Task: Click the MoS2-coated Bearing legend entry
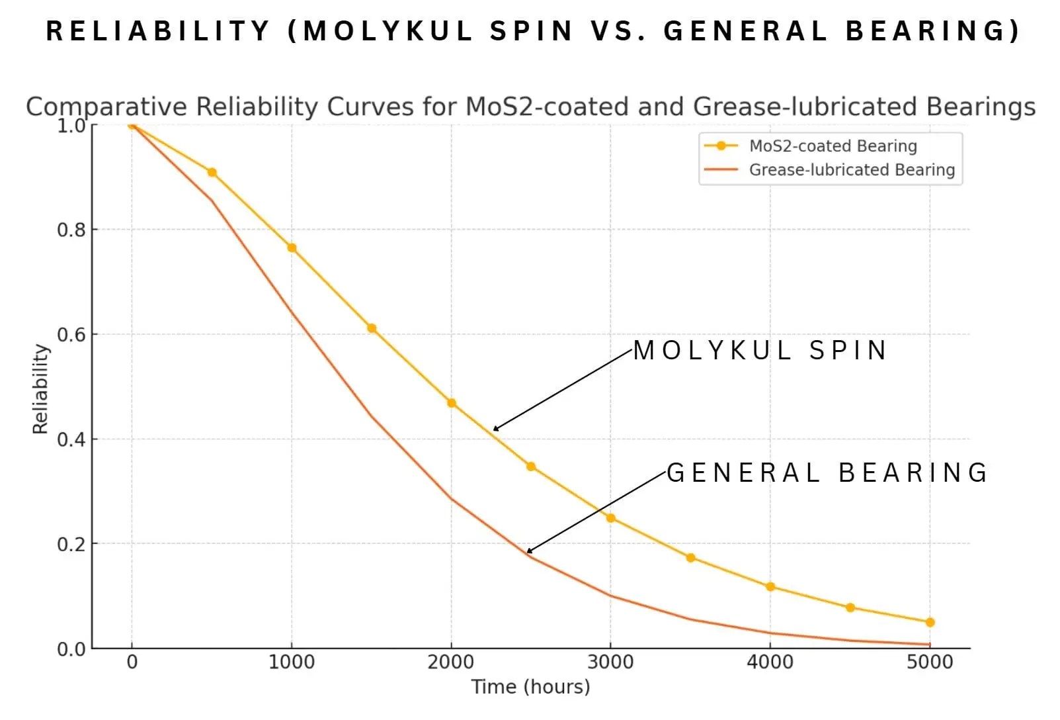click(833, 146)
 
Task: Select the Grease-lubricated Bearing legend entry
click(852, 170)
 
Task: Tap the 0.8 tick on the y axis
click(71, 230)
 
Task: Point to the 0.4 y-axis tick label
click(71, 439)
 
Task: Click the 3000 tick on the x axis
click(610, 662)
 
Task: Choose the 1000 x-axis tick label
click(292, 662)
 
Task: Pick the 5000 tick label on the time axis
click(930, 662)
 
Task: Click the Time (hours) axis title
click(530, 687)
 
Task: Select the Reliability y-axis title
click(40, 388)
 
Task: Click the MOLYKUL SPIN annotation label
click(760, 351)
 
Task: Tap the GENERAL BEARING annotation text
click(827, 473)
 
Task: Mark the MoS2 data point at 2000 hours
click(452, 403)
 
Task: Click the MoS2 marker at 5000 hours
click(930, 622)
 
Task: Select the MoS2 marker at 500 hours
click(212, 173)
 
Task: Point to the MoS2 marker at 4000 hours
click(770, 587)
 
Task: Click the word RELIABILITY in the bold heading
click(158, 31)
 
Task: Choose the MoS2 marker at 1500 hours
click(372, 328)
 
